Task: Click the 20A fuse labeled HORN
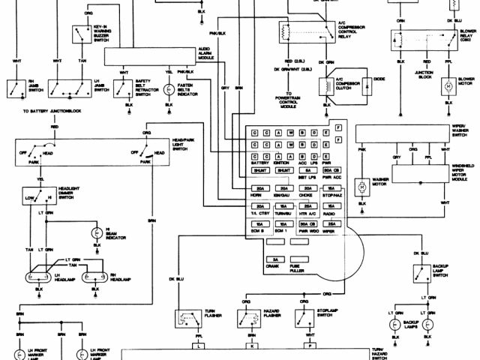pos(260,189)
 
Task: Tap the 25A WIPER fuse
pos(329,225)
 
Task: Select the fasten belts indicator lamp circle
pos(169,88)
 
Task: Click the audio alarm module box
pos(149,55)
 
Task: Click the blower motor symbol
pos(448,87)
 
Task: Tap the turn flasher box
pos(186,321)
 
